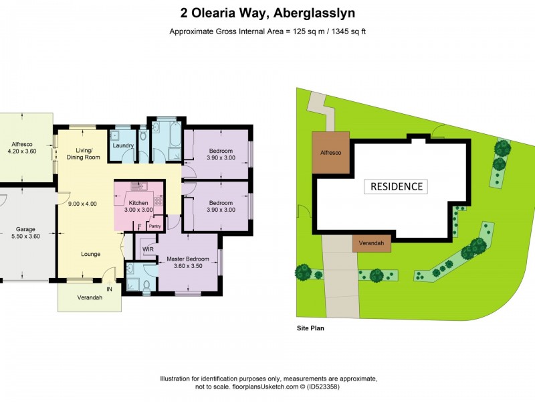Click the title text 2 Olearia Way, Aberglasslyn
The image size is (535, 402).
point(267,12)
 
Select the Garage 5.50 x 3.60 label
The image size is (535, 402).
point(25,232)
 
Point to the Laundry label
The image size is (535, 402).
point(123,145)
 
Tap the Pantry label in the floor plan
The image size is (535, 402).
point(154,226)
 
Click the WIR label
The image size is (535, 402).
point(148,249)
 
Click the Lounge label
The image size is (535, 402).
point(91,255)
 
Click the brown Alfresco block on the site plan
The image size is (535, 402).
point(330,153)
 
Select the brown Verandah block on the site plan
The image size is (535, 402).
point(372,243)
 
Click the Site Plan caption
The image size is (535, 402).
point(310,329)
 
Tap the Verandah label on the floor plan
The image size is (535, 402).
point(90,298)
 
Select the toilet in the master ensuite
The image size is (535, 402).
point(146,284)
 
